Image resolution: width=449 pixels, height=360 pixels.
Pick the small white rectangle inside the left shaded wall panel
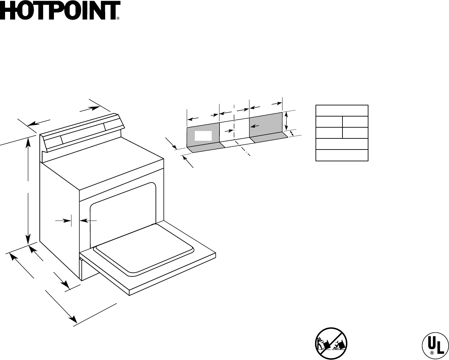click(203, 136)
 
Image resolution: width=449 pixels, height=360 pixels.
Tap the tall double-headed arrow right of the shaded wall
click(287, 121)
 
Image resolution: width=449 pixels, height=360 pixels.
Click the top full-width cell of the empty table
click(341, 111)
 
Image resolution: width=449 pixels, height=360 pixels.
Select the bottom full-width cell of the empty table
click(341, 155)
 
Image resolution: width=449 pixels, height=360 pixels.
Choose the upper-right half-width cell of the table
click(355, 122)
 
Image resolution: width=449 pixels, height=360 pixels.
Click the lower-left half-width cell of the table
click(329, 133)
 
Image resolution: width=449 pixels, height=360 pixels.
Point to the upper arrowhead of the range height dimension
click(29, 141)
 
